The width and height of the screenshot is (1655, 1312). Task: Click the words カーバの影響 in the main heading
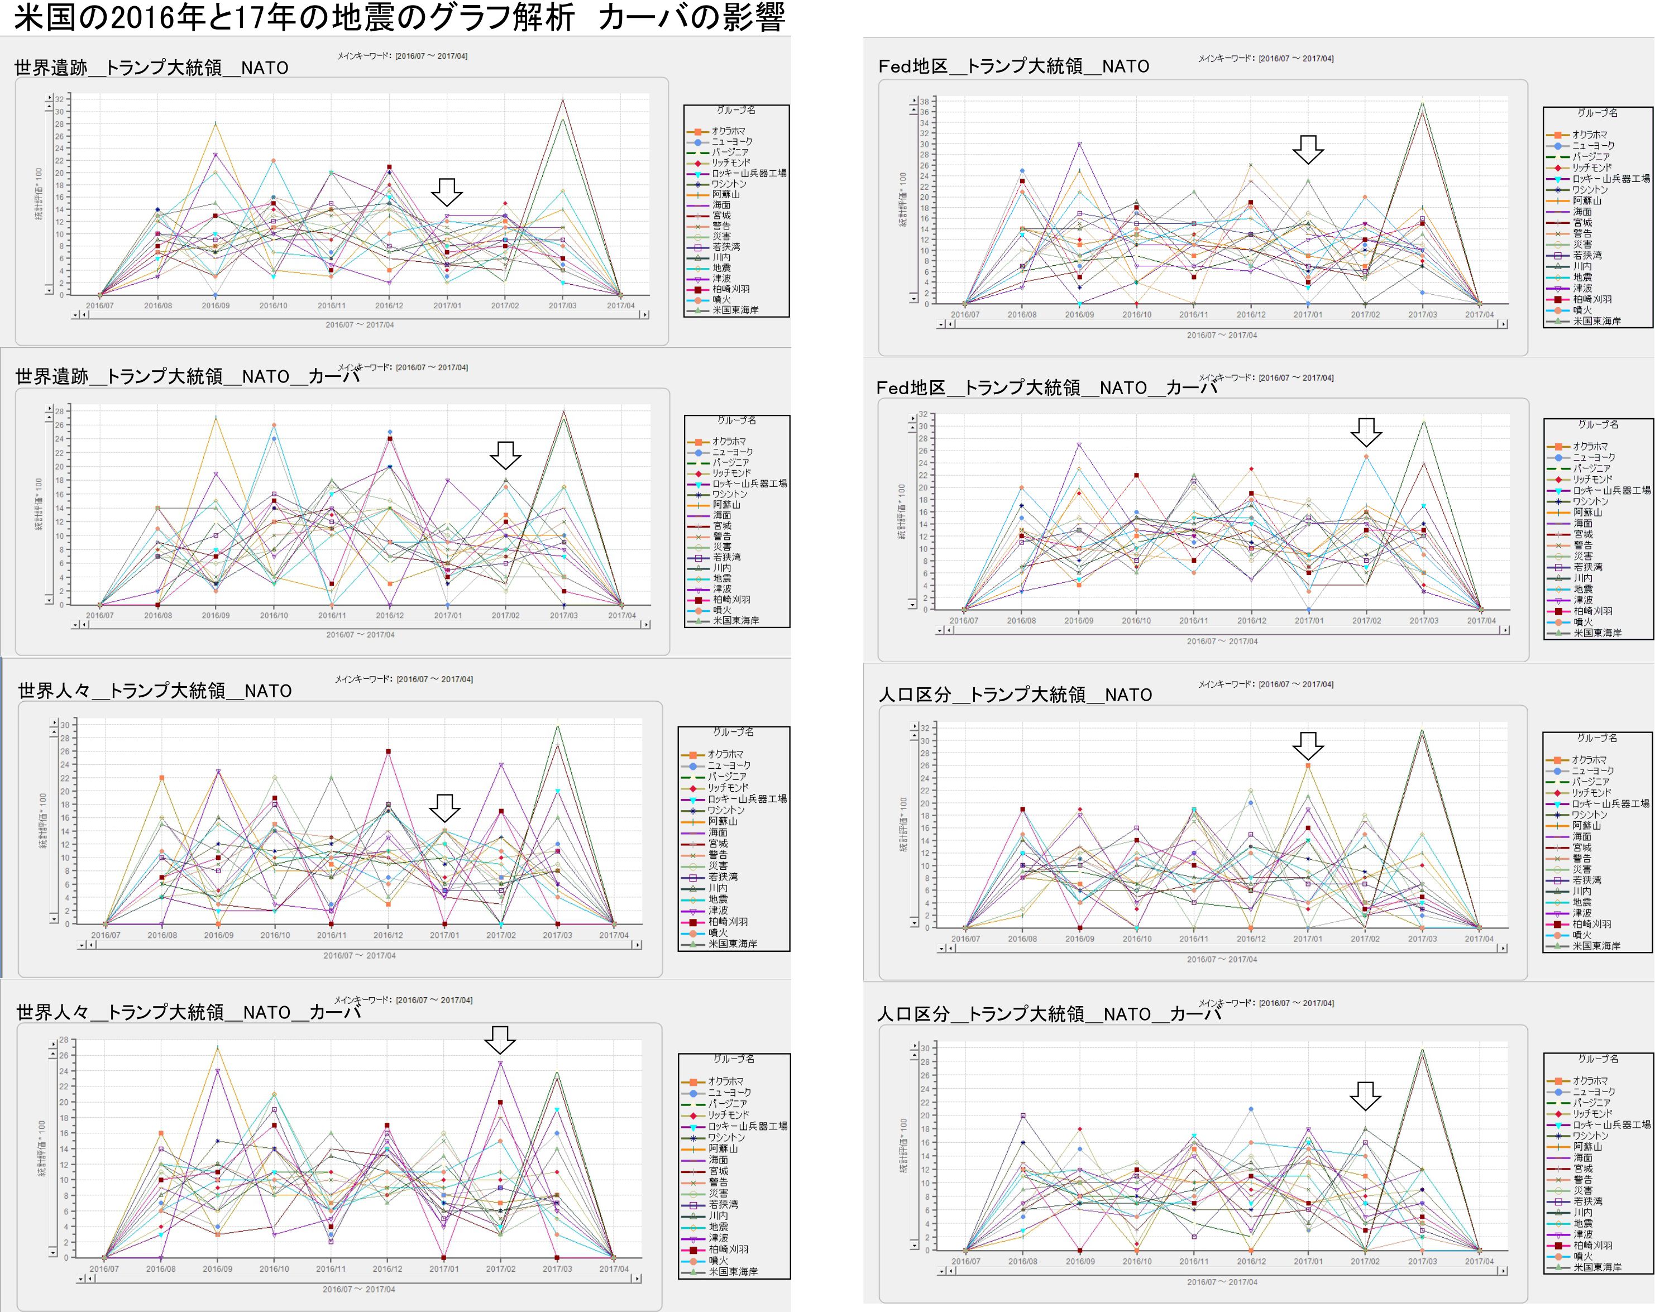pyautogui.click(x=691, y=17)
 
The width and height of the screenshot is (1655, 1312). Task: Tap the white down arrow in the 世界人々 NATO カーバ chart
pyautogui.click(x=500, y=1040)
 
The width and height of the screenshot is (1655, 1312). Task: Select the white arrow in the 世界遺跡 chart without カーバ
pyautogui.click(x=446, y=192)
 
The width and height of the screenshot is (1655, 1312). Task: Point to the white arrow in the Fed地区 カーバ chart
pyautogui.click(x=1366, y=432)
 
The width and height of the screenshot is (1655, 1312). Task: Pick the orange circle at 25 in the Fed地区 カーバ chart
pyautogui.click(x=1366, y=457)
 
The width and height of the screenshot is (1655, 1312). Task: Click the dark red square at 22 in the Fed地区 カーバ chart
pyautogui.click(x=1137, y=475)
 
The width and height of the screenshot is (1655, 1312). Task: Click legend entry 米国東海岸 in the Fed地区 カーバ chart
pyautogui.click(x=1597, y=633)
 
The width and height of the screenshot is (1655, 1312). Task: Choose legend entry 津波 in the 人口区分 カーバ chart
pyautogui.click(x=1583, y=1234)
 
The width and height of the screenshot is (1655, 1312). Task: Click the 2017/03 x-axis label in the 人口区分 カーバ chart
pyautogui.click(x=1422, y=1261)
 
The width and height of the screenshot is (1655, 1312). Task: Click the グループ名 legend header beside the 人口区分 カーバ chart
pyautogui.click(x=1597, y=1059)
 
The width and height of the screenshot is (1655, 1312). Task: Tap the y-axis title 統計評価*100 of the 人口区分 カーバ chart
pyautogui.click(x=904, y=1146)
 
